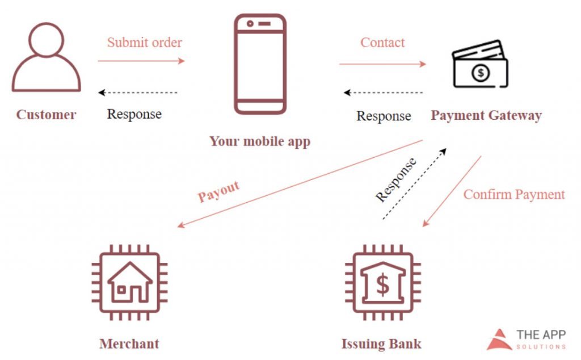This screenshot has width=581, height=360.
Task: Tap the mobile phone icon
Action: tap(260, 64)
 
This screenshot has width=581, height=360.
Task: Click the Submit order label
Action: tap(145, 43)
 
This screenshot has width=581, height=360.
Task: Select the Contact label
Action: tap(383, 43)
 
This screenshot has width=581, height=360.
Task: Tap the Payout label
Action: tap(219, 192)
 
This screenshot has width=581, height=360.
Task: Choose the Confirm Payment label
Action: tap(514, 194)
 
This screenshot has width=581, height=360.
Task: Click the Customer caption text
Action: tap(46, 115)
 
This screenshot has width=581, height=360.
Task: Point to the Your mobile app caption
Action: tap(260, 141)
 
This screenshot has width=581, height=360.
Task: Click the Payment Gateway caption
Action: tap(486, 116)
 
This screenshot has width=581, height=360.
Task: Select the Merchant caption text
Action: tap(129, 344)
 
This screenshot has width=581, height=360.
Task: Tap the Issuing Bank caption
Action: tap(381, 344)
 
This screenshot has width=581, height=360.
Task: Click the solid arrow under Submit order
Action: tap(141, 61)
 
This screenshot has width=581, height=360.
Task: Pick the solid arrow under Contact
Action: tap(382, 64)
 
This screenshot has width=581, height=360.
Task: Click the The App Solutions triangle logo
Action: tap(499, 339)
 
